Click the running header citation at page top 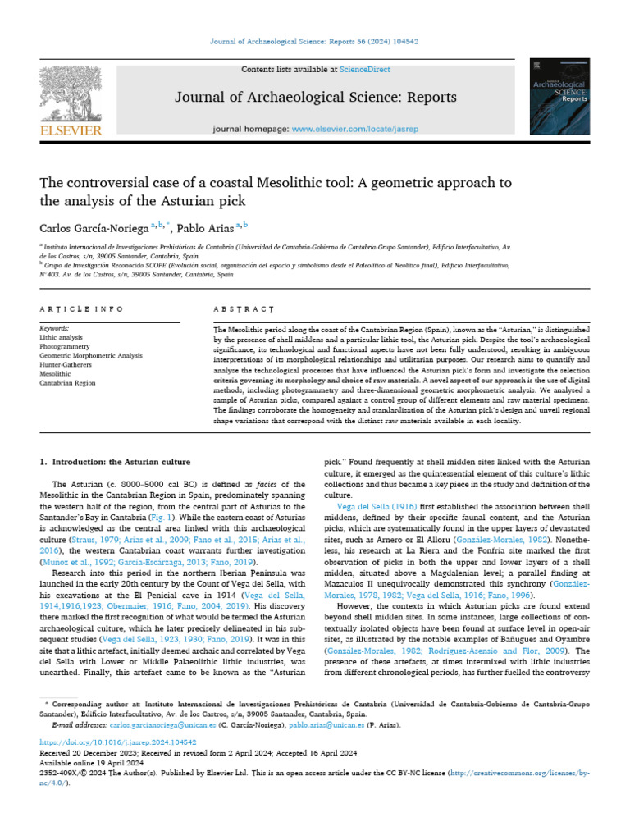(x=315, y=41)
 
